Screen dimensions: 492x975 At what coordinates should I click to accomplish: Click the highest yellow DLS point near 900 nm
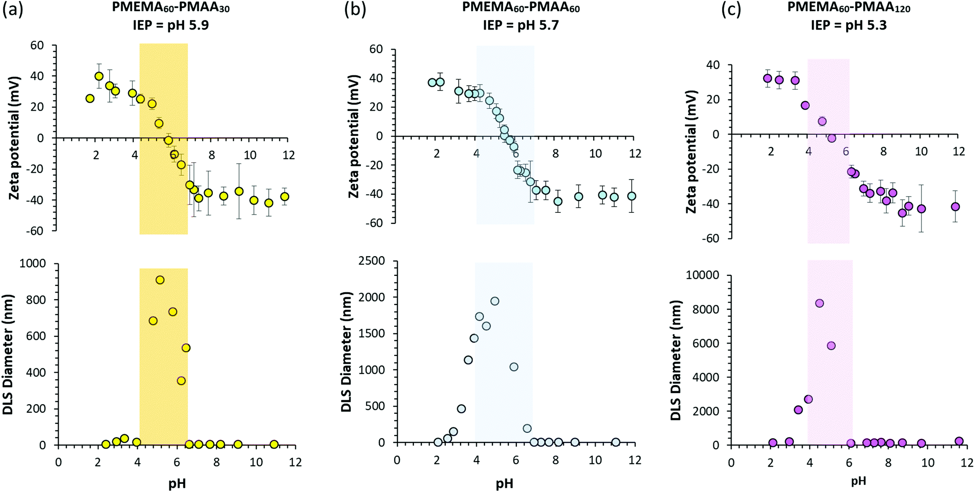(x=160, y=280)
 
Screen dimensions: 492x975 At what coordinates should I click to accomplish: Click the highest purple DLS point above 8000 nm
(x=819, y=304)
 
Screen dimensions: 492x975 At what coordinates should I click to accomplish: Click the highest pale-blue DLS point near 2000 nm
(x=495, y=301)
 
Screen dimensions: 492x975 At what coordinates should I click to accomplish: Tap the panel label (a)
(x=13, y=10)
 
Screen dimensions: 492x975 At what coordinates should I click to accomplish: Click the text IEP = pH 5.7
(x=521, y=25)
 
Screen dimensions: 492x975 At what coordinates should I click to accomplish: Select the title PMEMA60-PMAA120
(x=849, y=8)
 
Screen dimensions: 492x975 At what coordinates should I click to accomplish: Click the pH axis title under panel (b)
(x=504, y=483)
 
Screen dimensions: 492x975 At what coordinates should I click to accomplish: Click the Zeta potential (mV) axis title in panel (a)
(x=14, y=137)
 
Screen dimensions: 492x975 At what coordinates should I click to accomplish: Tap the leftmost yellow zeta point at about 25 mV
(x=90, y=98)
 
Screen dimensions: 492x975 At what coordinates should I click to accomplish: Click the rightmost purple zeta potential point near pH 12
(x=955, y=207)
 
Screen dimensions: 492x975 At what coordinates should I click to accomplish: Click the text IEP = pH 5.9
(x=170, y=25)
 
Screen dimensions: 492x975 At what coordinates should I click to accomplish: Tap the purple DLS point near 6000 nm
(x=831, y=346)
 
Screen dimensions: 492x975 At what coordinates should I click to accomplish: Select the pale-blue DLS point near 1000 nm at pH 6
(x=514, y=367)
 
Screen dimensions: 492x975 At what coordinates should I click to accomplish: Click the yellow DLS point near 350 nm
(x=181, y=381)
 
